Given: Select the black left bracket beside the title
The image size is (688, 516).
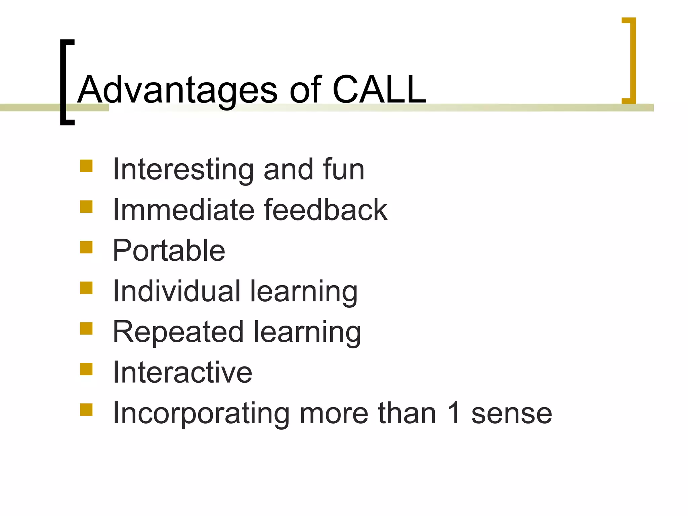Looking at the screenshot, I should (x=64, y=82).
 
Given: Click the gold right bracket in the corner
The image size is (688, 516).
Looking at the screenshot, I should (x=632, y=60).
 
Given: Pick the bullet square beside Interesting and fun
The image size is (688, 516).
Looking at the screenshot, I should (x=86, y=166).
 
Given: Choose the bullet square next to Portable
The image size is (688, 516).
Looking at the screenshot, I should (x=86, y=247).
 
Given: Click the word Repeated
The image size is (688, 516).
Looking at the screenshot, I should (x=178, y=332).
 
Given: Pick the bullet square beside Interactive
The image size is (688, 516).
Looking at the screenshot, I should (x=86, y=369).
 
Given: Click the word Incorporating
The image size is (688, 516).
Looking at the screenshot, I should (x=201, y=414).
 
